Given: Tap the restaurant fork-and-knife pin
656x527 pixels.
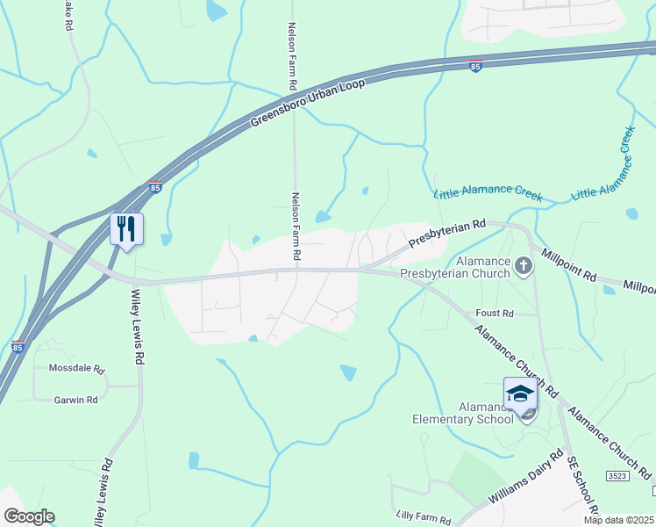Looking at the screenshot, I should (126, 230).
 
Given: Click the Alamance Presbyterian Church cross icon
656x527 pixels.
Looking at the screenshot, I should (524, 265).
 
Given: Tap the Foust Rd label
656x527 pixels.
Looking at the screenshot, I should (495, 313).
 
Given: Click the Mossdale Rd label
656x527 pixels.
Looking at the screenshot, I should (76, 369).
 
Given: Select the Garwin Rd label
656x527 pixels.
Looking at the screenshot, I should (75, 400).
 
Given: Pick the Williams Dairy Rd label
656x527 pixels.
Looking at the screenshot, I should (526, 480).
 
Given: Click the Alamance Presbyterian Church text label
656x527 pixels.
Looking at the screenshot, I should (454, 268).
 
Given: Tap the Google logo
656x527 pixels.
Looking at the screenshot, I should (28, 516).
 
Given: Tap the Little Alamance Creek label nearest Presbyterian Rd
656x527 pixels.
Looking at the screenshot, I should (488, 195).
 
